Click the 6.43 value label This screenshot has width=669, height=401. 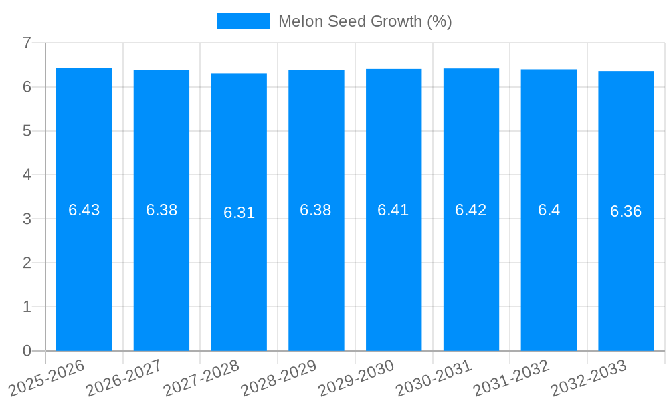(84, 210)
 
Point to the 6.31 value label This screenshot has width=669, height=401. (239, 213)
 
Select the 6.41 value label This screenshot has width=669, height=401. (393, 210)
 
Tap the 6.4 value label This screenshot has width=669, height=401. (549, 210)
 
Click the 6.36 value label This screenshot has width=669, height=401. (626, 211)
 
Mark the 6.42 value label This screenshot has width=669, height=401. (471, 210)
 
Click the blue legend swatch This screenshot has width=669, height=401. (244, 21)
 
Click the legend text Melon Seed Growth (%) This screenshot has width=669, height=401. (365, 21)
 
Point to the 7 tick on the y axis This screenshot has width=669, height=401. (27, 43)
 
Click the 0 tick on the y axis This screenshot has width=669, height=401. (27, 351)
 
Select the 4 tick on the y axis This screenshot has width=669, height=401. (27, 175)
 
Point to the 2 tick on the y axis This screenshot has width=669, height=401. (27, 263)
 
